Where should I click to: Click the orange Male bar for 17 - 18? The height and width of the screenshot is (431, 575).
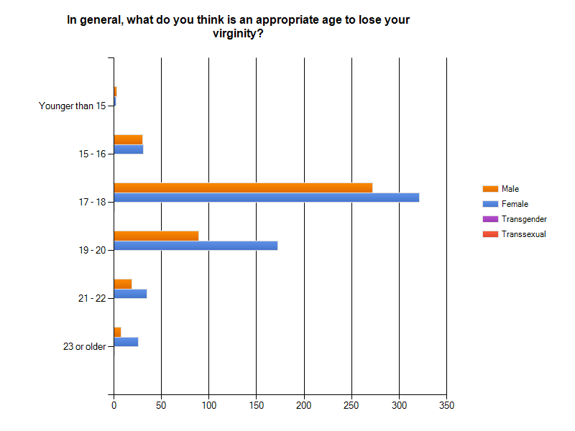243,187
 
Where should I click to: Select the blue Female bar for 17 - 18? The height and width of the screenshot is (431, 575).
267,198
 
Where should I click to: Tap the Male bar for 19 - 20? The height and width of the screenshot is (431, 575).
156,236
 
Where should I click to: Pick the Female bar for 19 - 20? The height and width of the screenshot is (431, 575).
195,246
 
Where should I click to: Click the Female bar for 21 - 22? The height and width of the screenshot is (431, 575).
131,294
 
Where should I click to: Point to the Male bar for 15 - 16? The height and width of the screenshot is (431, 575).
129,139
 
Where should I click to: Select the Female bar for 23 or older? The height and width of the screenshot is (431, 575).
126,342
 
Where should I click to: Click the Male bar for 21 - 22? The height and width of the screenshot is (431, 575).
123,284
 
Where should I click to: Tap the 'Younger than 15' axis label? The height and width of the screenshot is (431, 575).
73,106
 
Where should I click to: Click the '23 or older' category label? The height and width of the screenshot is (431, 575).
84,346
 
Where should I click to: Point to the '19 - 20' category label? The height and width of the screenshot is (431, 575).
92,250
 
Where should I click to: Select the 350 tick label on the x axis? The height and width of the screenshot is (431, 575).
446,405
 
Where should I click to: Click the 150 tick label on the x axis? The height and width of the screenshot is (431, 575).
257,405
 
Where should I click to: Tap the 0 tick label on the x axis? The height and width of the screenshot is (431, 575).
114,405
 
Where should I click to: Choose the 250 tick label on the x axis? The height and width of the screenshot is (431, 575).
351,405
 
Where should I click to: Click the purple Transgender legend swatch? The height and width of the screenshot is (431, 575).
490,219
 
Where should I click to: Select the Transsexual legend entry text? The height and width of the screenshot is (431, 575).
524,234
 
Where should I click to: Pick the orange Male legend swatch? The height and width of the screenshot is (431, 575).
490,189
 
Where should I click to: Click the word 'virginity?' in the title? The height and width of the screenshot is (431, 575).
239,34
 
